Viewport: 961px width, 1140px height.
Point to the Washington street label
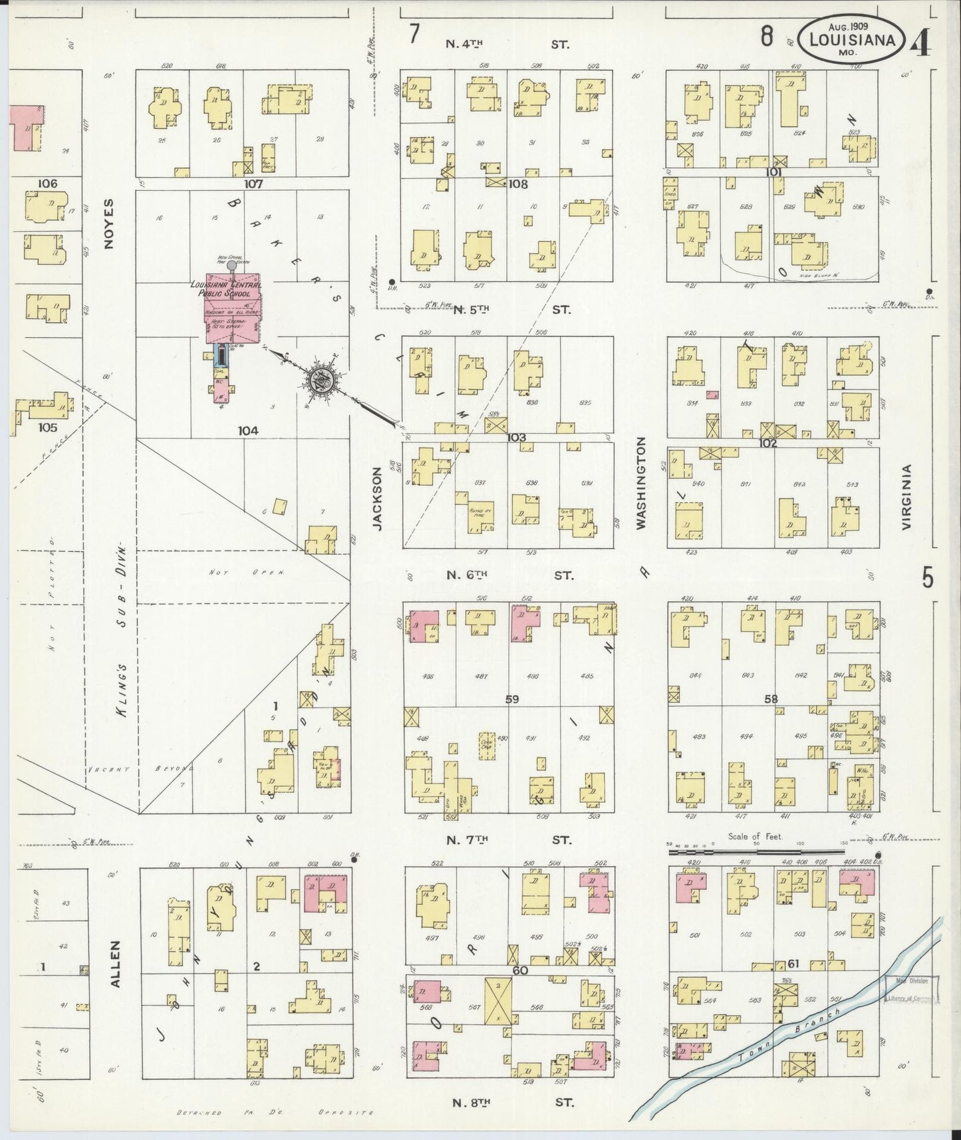tap(640, 483)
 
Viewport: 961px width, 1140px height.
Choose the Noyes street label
tap(110, 224)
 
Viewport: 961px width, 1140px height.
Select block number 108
tap(517, 184)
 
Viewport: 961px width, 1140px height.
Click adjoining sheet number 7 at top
tap(414, 33)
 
